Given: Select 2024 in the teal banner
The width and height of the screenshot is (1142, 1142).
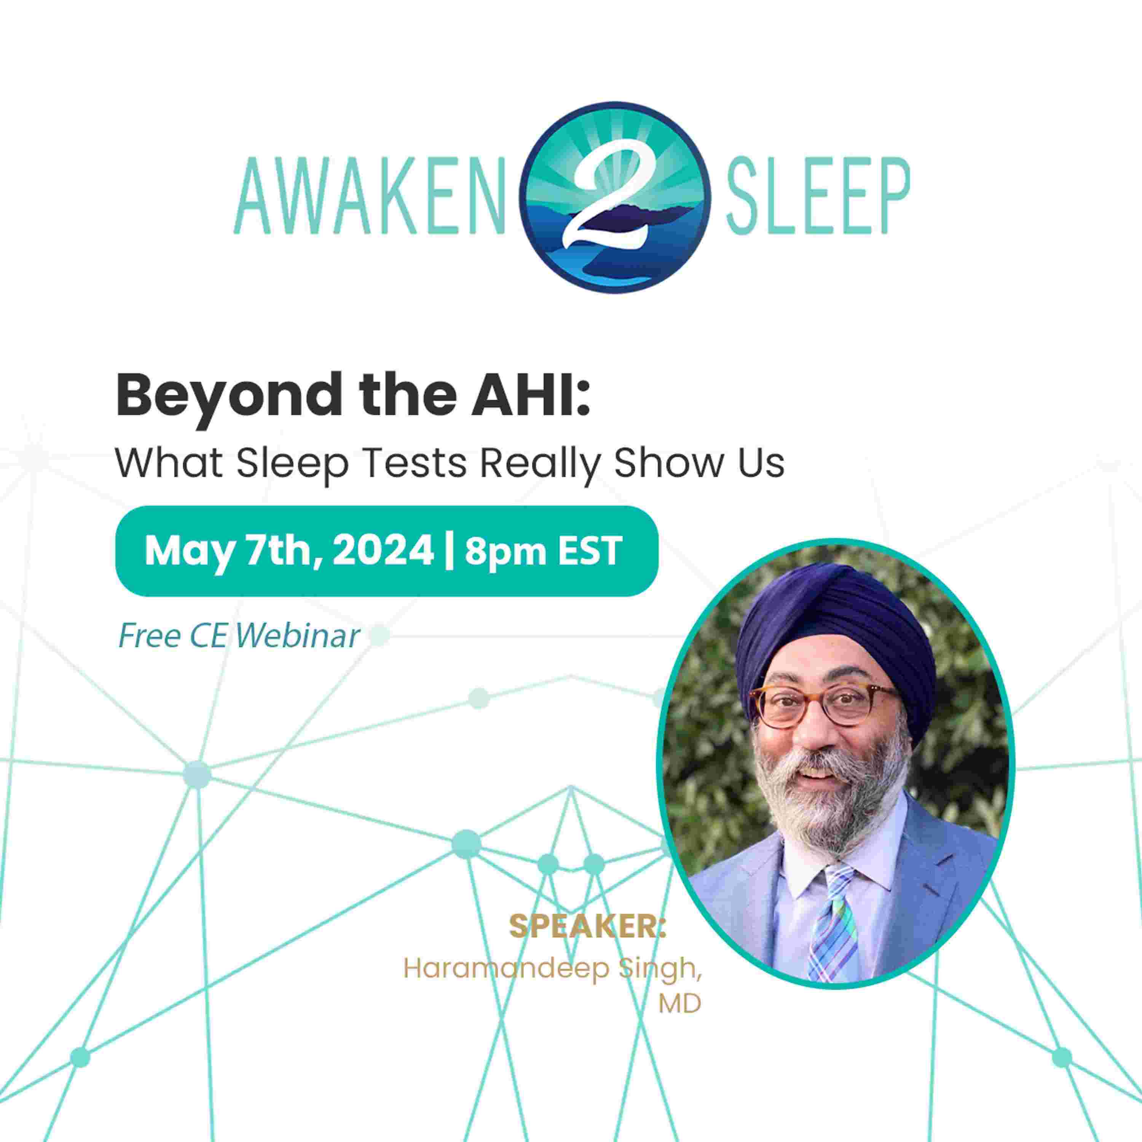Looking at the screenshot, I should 383,551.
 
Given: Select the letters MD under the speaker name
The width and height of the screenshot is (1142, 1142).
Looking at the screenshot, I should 680,1004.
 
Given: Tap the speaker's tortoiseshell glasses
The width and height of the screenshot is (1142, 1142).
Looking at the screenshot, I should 821,709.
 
